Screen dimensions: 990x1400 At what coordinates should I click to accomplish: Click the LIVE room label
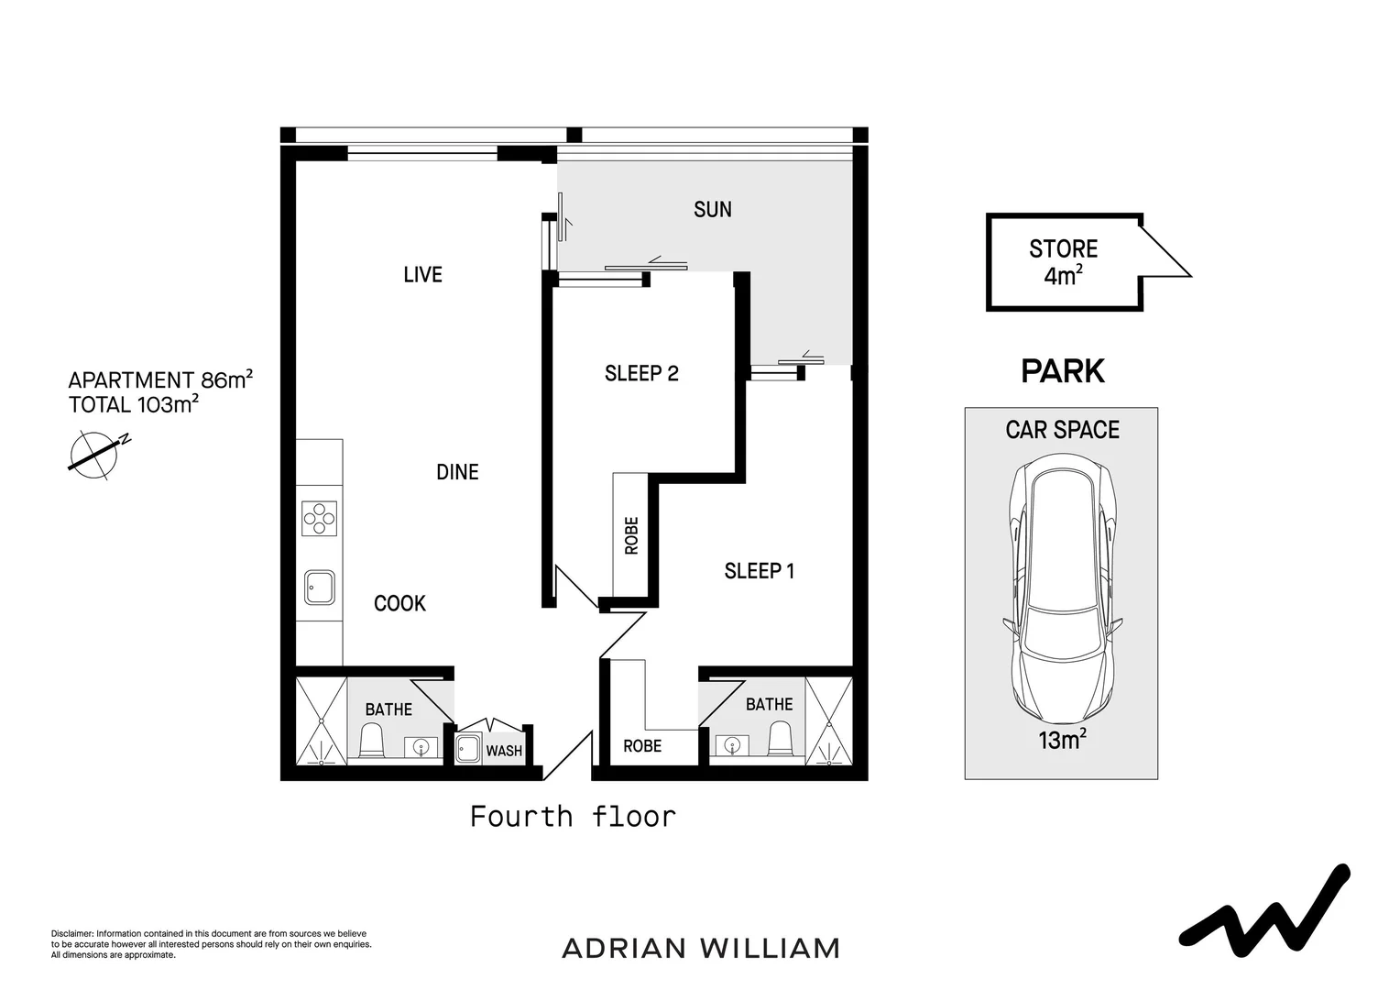(x=422, y=274)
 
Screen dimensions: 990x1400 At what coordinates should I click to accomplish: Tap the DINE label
(x=457, y=472)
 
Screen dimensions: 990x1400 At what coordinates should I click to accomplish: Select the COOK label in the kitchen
(x=399, y=603)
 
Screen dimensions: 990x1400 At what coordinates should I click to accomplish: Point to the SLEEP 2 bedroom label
(x=641, y=373)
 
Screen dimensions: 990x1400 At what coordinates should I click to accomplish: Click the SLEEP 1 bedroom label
(x=759, y=571)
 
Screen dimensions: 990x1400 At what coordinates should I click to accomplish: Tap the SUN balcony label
(x=712, y=209)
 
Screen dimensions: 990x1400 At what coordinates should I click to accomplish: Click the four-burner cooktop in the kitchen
(x=320, y=518)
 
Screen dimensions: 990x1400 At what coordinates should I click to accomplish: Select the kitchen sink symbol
(x=320, y=587)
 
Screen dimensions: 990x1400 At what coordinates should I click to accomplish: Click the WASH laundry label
(x=504, y=751)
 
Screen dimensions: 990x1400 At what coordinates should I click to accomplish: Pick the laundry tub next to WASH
(x=469, y=748)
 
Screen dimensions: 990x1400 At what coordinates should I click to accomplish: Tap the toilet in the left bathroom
(x=371, y=741)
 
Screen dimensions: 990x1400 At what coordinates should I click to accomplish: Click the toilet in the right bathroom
(x=780, y=738)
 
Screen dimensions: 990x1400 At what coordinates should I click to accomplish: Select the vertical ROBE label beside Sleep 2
(x=631, y=535)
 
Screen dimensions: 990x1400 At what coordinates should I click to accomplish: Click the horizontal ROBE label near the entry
(x=642, y=746)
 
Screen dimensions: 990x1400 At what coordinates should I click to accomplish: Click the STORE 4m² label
(x=1063, y=261)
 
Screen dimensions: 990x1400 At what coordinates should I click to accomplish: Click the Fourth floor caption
(x=573, y=816)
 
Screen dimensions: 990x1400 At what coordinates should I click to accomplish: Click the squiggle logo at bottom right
(x=1264, y=911)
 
